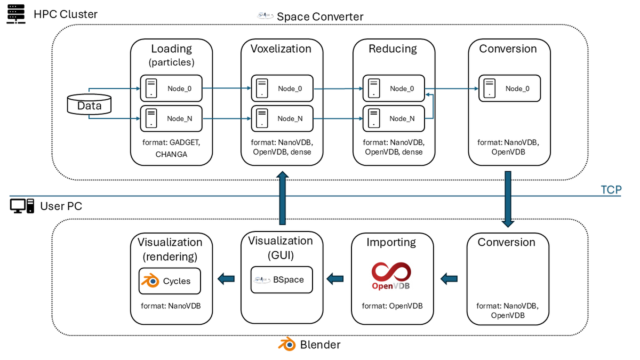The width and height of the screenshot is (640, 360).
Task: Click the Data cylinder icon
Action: (89, 105)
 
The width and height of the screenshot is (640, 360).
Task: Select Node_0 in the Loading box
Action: (171, 89)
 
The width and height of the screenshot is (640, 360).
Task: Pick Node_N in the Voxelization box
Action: (282, 118)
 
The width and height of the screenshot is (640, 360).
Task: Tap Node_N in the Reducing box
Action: (394, 118)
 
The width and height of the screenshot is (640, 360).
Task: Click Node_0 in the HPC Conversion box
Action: (509, 89)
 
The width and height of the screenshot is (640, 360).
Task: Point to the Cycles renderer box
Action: (170, 281)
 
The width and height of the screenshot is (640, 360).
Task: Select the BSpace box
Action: (282, 279)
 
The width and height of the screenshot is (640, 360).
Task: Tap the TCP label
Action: (611, 190)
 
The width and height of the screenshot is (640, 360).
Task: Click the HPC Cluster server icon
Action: (17, 14)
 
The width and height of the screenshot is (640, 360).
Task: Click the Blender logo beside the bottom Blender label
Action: (287, 345)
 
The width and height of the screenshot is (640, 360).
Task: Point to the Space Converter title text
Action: (319, 17)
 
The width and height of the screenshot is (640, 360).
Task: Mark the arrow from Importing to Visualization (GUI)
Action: (334, 278)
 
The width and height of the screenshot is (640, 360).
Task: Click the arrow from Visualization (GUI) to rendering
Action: (226, 278)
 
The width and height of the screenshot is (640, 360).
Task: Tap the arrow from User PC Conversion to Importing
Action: (449, 278)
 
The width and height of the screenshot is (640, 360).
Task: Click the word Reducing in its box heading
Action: (393, 49)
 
